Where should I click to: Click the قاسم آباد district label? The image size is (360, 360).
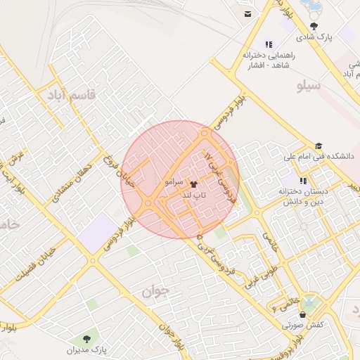coord(69,94)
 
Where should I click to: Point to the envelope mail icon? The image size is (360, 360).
coord(247,13)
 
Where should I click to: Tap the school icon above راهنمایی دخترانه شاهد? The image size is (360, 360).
coord(268,44)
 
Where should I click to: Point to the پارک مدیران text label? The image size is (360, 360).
coord(87,349)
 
